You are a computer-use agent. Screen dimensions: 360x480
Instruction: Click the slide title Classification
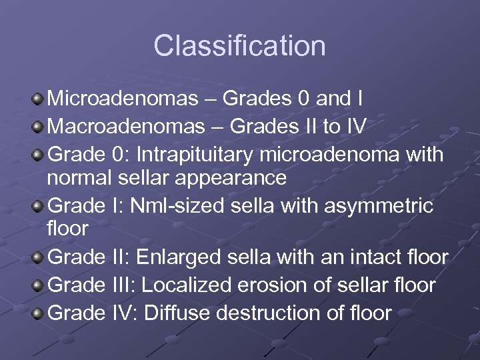pos(239,46)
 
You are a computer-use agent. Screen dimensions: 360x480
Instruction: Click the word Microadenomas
pos(123,99)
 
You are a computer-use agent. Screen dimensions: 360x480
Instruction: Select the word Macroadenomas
pos(125,126)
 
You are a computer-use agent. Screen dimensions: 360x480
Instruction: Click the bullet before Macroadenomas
pos(39,127)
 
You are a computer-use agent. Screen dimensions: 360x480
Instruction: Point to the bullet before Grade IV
pos(39,312)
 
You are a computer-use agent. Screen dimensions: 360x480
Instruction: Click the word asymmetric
pos(379,206)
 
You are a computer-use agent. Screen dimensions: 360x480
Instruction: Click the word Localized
pos(187,285)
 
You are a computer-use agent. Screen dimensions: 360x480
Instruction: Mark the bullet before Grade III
pos(39,285)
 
